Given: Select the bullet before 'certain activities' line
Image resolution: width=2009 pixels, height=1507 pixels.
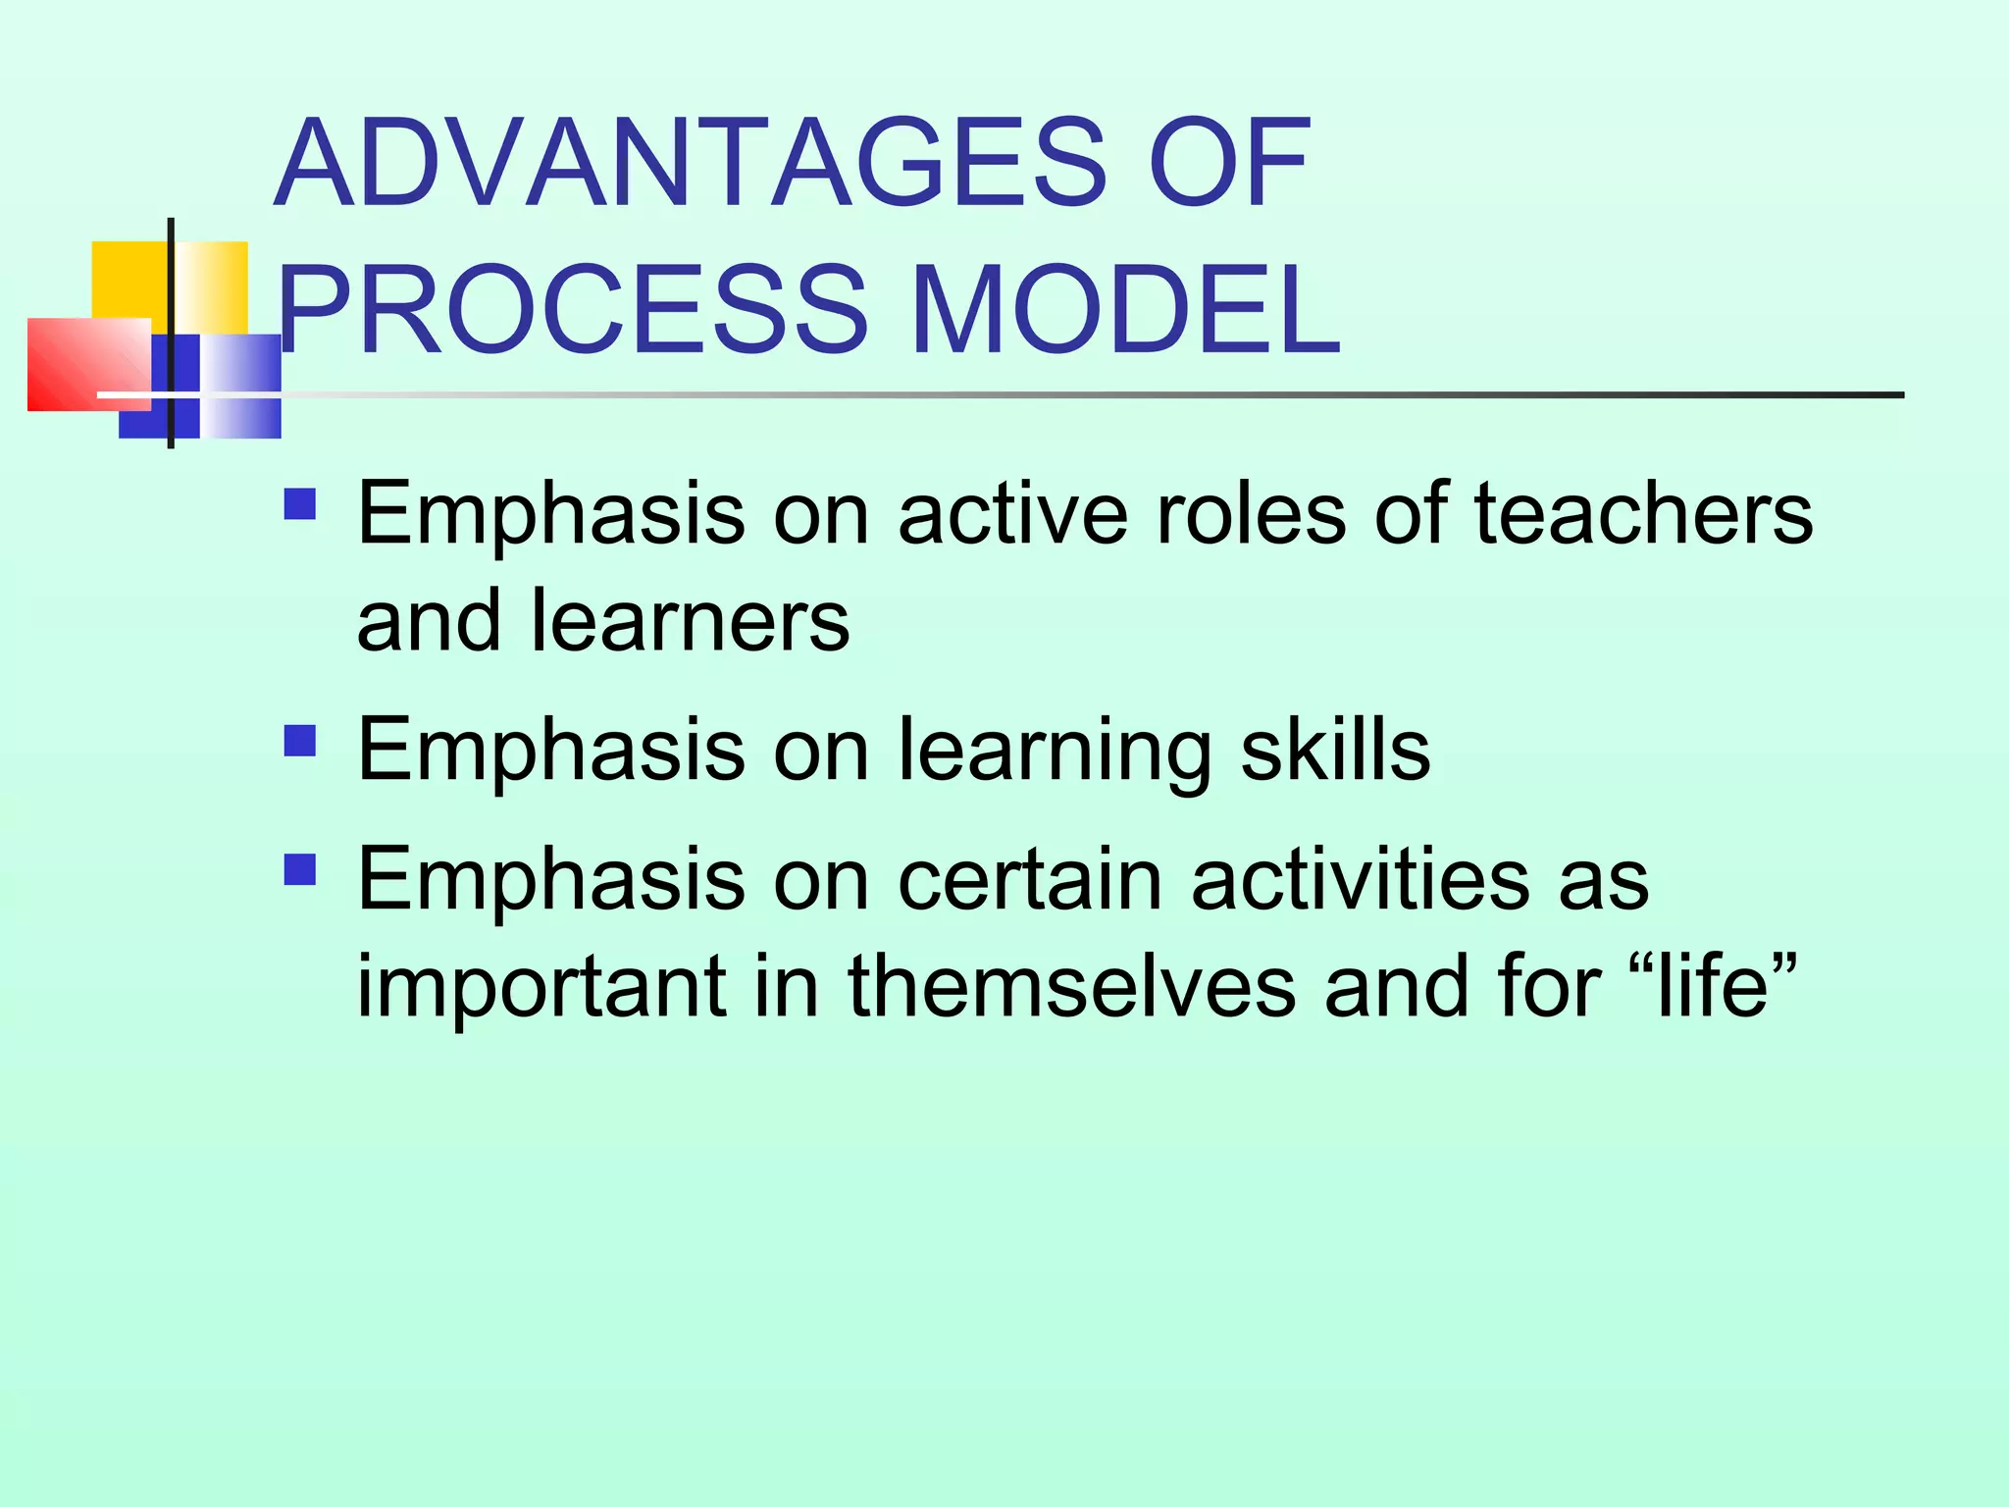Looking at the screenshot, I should coord(300,869).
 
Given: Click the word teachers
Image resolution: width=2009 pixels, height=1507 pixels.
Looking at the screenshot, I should coord(1643,514).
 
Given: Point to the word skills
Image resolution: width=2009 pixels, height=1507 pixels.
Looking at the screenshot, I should coord(1335,750).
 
